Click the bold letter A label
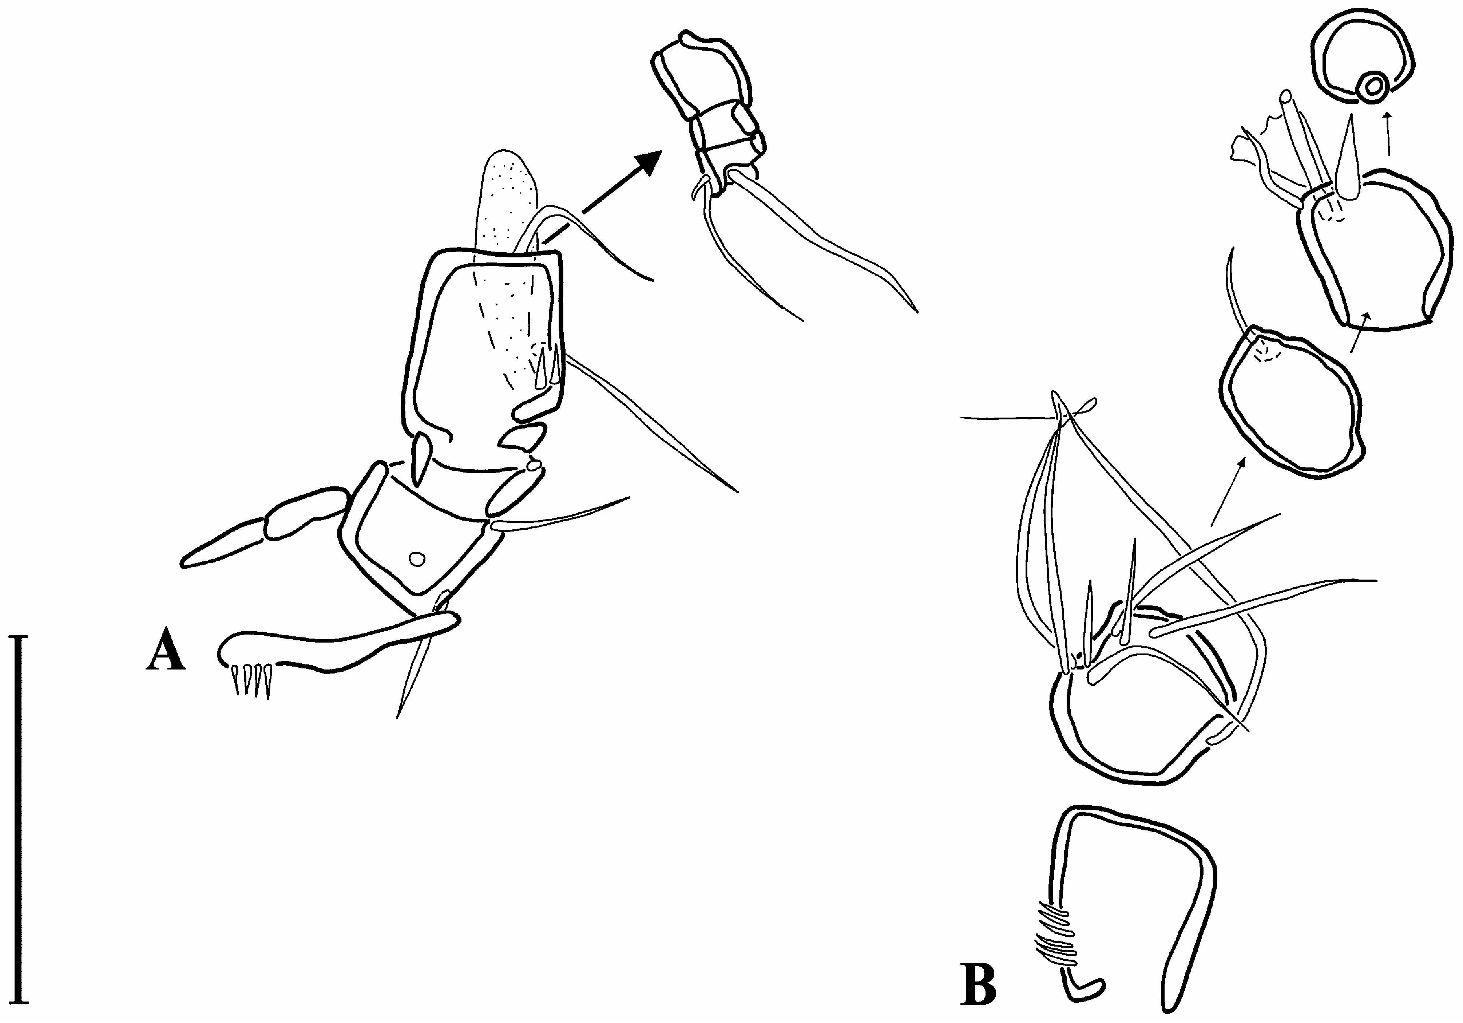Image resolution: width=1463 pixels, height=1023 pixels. [166, 649]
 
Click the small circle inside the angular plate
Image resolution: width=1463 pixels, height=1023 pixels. [417, 558]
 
